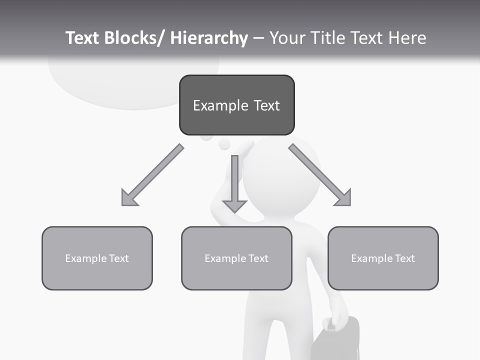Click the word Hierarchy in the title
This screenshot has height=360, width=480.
tap(209, 38)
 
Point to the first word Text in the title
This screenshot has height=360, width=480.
tap(83, 38)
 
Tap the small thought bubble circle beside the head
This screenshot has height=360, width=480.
tap(224, 144)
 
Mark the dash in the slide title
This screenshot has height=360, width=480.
tap(258, 38)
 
